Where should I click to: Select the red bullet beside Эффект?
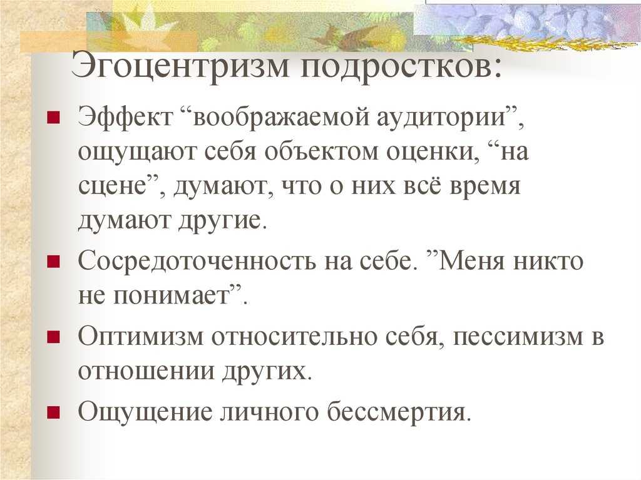point(54,118)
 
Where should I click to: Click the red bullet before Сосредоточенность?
point(54,261)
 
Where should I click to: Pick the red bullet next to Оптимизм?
point(54,337)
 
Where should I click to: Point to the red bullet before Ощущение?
point(54,412)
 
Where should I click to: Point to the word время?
point(485,187)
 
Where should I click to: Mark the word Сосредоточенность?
point(197,262)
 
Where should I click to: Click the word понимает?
point(172,295)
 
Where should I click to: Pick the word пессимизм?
point(517,338)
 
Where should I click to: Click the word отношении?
point(146,371)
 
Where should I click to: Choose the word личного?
point(269,412)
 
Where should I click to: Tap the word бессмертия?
point(397,411)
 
